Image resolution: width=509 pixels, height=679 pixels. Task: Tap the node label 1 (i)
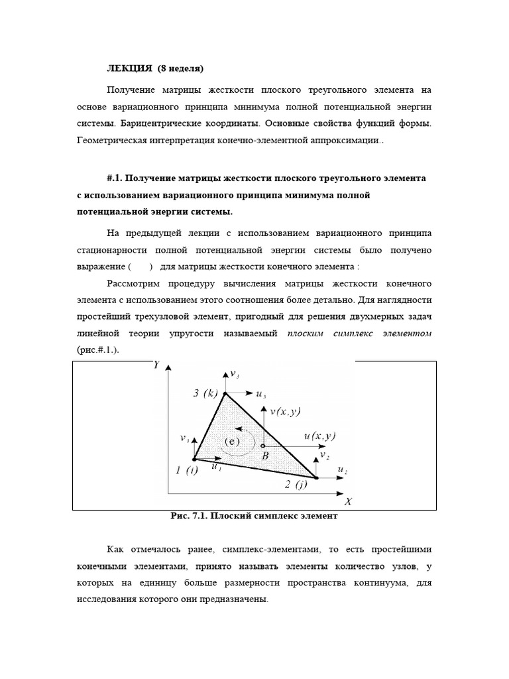187,471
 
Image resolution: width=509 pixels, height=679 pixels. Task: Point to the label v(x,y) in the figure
285,411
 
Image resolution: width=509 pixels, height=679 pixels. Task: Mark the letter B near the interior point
264,456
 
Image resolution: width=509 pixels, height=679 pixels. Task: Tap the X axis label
348,501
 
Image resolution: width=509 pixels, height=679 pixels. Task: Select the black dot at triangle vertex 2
316,477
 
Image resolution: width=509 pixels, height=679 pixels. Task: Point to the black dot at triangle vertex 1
194,458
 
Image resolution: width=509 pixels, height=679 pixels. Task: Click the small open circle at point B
263,445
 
